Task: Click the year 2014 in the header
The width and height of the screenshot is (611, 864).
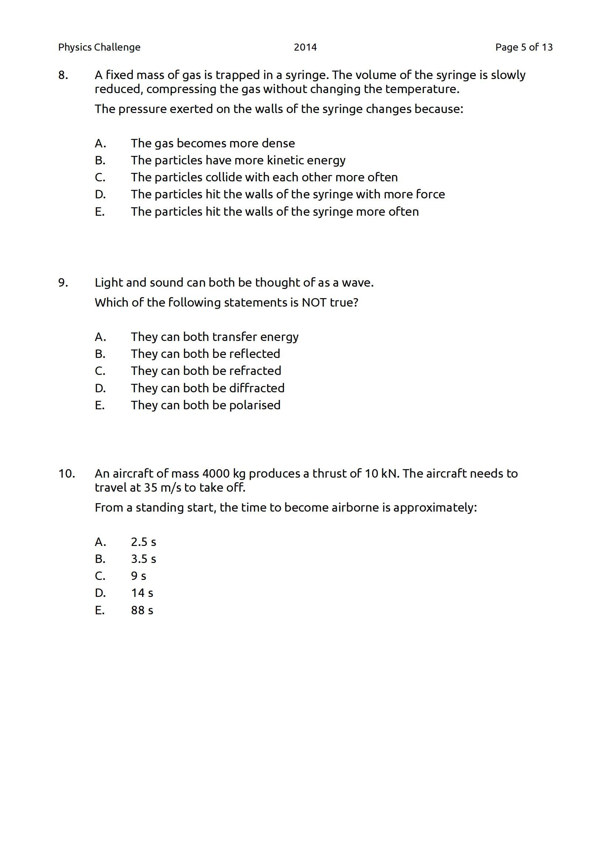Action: click(x=305, y=47)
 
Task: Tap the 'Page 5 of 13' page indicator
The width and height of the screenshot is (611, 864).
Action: click(x=524, y=47)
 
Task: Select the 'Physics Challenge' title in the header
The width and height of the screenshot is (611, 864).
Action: click(x=99, y=47)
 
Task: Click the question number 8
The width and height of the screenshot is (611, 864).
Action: click(x=63, y=75)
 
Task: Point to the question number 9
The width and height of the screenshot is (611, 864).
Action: click(x=63, y=283)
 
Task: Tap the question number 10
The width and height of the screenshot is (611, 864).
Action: click(x=67, y=474)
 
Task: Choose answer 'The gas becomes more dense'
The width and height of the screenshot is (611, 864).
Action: click(x=213, y=143)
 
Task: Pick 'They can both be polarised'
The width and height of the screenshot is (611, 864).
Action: click(x=206, y=405)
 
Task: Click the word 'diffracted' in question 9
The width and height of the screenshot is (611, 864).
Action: click(x=257, y=388)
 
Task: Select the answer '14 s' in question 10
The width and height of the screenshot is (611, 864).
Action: click(x=142, y=593)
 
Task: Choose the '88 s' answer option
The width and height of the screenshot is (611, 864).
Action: click(x=142, y=610)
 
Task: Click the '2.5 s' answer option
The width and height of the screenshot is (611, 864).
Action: click(x=143, y=542)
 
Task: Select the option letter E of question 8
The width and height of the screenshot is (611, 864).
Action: click(x=99, y=212)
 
